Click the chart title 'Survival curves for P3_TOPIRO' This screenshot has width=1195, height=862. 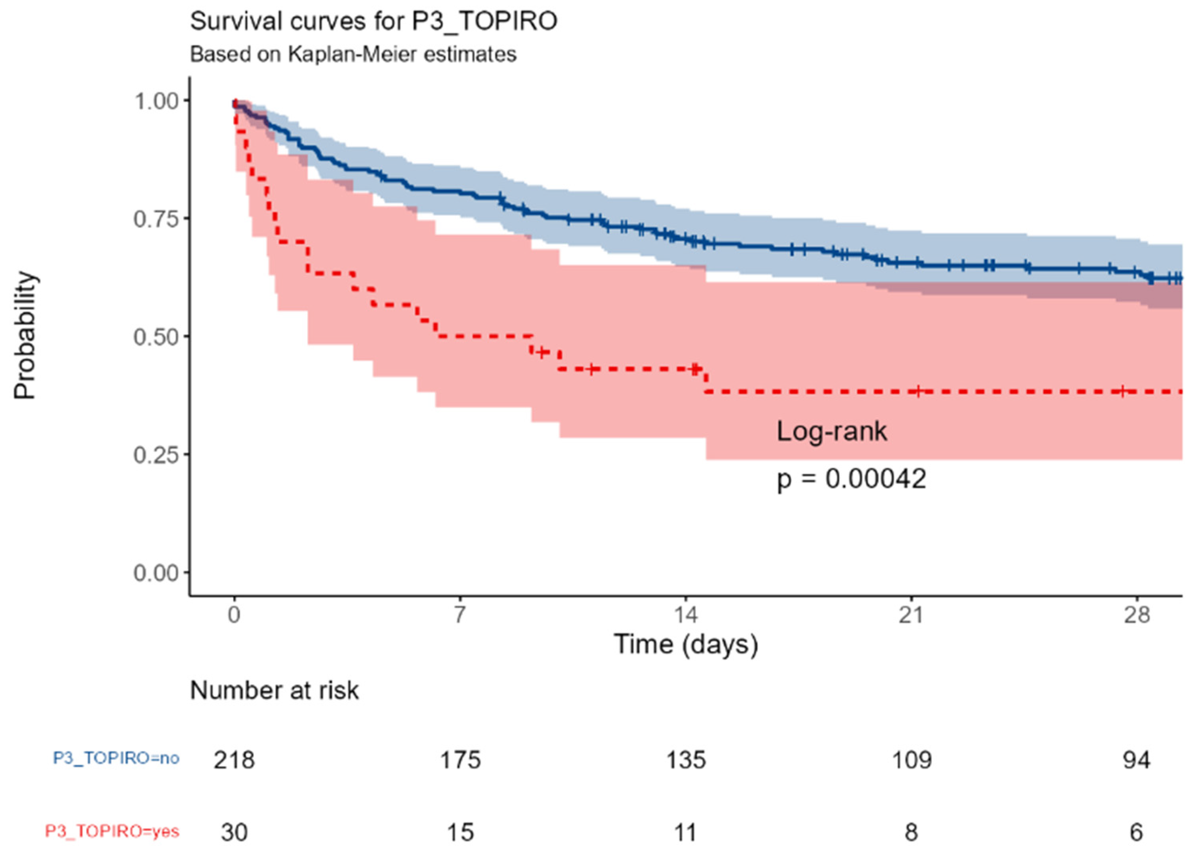[373, 22]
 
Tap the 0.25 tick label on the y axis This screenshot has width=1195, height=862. [156, 454]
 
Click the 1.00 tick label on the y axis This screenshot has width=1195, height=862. [156, 101]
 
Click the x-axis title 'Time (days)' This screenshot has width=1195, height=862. [685, 644]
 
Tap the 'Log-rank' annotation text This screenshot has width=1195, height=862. [831, 431]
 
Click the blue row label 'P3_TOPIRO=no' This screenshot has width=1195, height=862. [116, 758]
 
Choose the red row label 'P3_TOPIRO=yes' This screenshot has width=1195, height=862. [112, 832]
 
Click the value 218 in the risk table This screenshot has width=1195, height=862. [234, 760]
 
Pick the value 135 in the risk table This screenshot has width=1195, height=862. [685, 760]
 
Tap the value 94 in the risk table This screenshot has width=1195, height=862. [1136, 760]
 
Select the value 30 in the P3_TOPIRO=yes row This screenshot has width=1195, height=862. [234, 832]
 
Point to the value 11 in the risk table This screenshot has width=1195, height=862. [685, 832]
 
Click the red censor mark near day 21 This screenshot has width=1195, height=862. [918, 391]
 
